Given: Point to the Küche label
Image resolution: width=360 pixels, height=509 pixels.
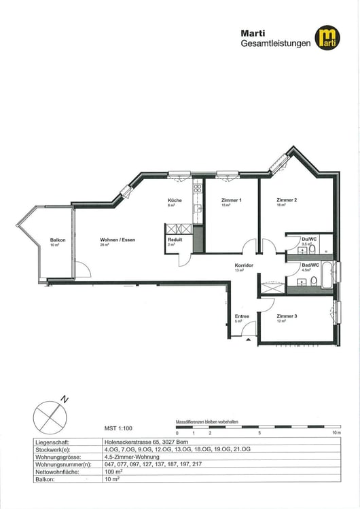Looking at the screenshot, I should pos(175,201).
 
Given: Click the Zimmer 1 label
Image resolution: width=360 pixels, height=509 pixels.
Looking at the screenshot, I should pos(232,201).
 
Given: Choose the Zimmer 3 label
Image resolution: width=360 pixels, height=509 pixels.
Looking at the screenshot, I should pos(287,316).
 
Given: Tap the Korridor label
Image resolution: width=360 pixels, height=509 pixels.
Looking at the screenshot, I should pos(244,265).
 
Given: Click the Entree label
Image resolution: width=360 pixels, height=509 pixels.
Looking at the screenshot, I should pos(242,316).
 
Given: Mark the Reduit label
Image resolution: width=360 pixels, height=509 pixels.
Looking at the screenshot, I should pos(175,240).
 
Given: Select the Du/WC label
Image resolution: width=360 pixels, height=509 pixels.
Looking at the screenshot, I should pos(309,239).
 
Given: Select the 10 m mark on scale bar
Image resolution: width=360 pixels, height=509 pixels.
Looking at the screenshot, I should pos(334,432).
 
